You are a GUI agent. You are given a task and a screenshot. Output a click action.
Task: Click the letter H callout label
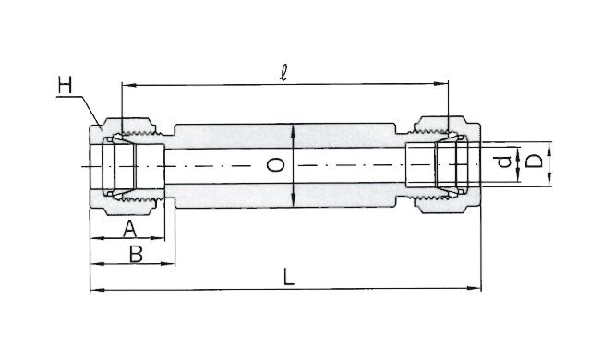pos(65,85)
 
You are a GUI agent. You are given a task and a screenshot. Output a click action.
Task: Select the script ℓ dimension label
pos(283,72)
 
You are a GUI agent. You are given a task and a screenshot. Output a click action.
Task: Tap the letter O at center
pos(275,165)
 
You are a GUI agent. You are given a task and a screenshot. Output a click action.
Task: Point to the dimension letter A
pos(130,229)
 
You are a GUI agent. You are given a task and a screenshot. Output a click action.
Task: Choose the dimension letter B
pos(136,254)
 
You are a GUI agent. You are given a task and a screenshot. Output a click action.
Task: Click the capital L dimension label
pos(288,277)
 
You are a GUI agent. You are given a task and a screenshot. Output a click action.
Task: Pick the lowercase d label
pos(504,162)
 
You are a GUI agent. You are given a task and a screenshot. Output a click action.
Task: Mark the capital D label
pos(534,162)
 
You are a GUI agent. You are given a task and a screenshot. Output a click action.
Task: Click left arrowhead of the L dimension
pos(97,290)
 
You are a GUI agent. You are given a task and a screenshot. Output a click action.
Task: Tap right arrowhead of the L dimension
pos(474,288)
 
